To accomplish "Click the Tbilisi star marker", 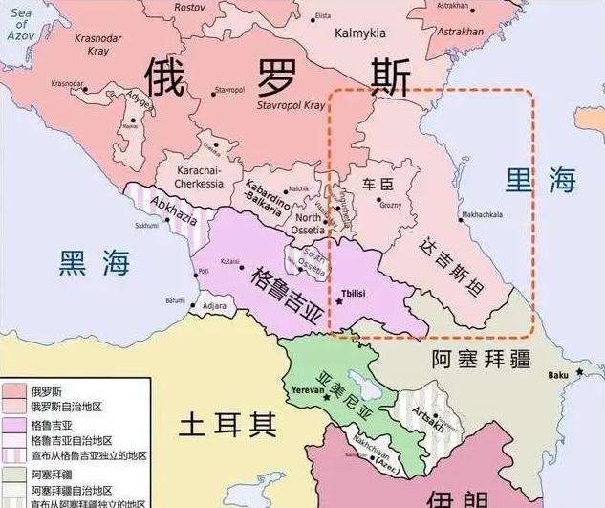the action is coord(338,301).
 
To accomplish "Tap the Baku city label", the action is coord(558,373).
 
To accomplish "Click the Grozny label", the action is coord(391,205).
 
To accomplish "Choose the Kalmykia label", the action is coord(358,33).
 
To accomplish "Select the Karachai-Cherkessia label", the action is coord(201,176).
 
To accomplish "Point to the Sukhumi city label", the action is coord(145,226).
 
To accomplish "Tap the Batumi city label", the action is coord(175,299).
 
